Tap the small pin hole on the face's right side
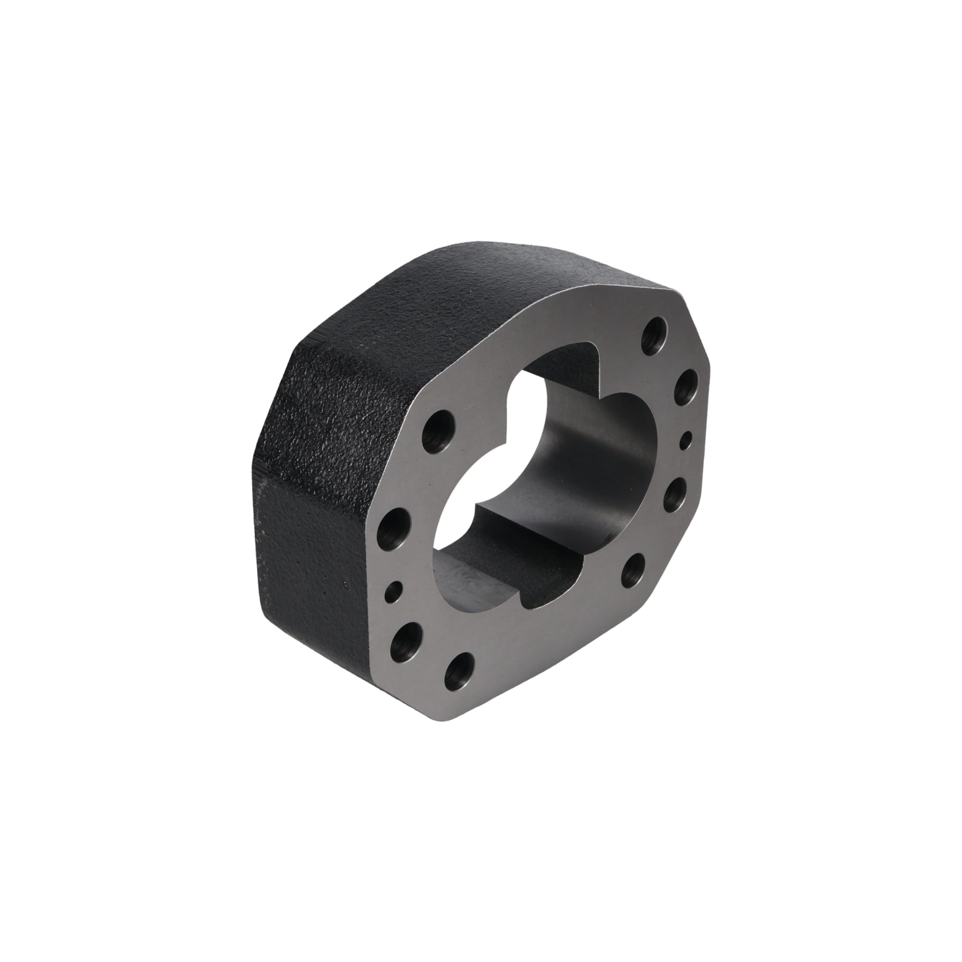[x=688, y=439]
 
